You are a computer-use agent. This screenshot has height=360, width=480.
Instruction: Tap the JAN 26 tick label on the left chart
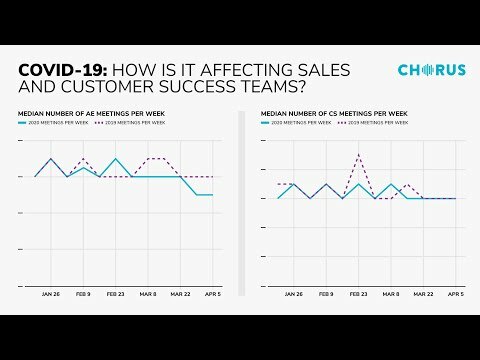coord(51,295)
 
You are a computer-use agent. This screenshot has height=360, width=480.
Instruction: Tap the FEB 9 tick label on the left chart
coord(83,295)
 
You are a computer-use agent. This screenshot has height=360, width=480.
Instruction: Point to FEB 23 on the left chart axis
coord(115,295)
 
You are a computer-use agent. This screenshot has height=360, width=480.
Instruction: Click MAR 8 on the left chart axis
coord(148,295)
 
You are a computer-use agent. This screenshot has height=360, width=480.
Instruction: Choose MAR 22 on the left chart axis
coord(180,295)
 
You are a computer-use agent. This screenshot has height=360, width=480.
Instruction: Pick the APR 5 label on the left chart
coord(212,295)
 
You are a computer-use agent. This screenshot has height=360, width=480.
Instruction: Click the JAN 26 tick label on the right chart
coord(293,295)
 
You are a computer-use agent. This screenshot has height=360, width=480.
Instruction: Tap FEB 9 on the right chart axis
coord(325,295)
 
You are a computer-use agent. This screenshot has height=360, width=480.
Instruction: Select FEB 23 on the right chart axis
coord(358,295)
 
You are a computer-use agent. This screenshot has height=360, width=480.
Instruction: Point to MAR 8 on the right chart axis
coord(390,295)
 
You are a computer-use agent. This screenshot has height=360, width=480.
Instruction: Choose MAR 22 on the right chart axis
coord(423,295)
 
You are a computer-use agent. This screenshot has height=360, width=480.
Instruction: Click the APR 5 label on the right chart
coord(455,295)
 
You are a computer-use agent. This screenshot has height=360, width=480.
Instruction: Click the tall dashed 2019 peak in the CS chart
coord(358,153)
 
